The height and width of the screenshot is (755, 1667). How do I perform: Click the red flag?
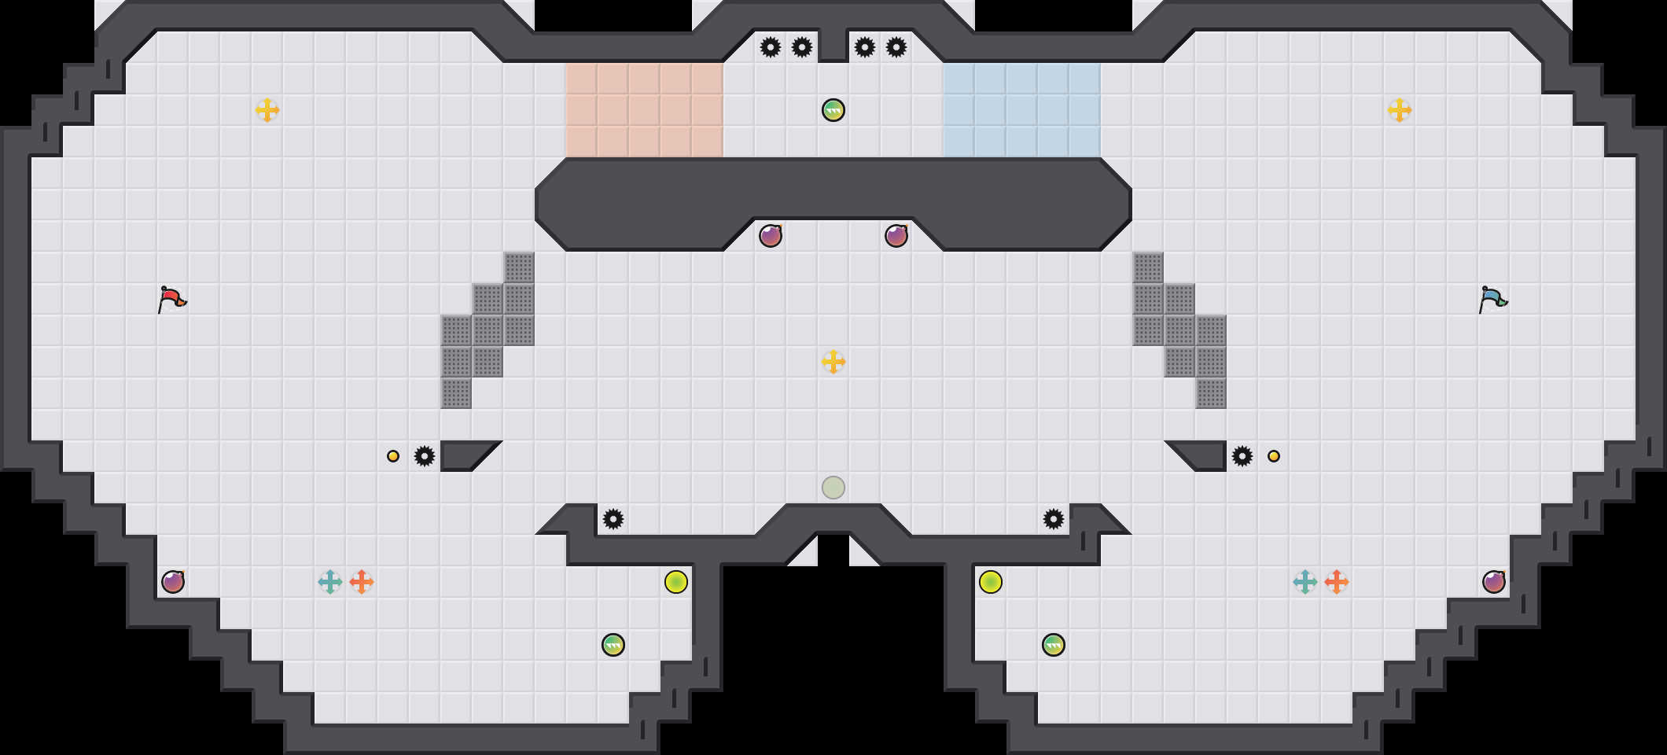[x=171, y=299]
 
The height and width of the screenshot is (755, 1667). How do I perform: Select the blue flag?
[x=1492, y=299]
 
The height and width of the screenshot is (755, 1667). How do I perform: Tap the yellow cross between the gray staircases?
[x=833, y=362]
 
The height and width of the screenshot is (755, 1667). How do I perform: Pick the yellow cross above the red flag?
[x=267, y=110]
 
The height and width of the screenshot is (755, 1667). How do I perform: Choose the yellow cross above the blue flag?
[x=1400, y=110]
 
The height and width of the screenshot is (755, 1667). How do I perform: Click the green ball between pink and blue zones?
[x=833, y=110]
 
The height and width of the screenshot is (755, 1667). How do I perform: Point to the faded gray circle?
[x=833, y=488]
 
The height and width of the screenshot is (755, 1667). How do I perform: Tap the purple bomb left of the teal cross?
[x=173, y=582]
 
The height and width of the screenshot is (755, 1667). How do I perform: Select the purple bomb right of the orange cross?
[x=1494, y=582]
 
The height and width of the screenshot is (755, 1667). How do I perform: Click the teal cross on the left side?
[x=330, y=582]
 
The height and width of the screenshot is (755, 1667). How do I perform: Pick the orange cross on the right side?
[x=1337, y=582]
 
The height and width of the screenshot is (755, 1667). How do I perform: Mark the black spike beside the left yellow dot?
[x=425, y=456]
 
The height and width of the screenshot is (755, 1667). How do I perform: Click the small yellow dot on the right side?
[x=1274, y=456]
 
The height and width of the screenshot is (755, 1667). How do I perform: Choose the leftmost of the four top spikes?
[x=771, y=47]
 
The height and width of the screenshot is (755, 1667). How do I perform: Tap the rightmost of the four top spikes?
[x=896, y=47]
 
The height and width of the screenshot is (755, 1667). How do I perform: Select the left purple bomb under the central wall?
[x=771, y=236]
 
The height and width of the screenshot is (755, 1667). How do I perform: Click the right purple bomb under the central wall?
[x=896, y=236]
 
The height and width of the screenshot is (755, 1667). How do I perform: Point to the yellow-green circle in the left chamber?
[x=676, y=582]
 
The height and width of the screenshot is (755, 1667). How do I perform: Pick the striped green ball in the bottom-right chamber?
[x=1054, y=645]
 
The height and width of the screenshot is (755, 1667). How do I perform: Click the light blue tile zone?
[x=1022, y=110]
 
